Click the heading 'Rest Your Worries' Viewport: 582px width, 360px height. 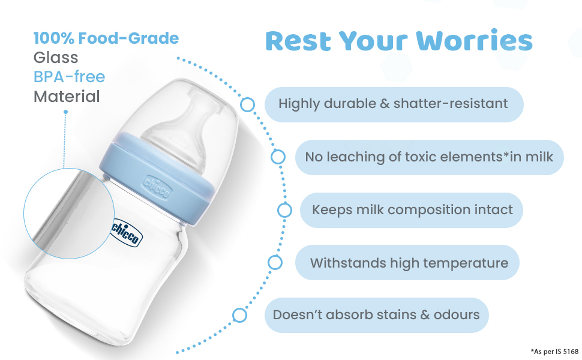point(398,41)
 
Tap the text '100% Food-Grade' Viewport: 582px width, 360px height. point(106,38)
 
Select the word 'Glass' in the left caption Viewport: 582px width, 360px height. point(56,58)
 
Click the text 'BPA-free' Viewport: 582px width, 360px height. point(69,77)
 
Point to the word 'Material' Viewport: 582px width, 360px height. point(67,96)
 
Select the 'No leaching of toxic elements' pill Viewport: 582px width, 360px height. point(430,157)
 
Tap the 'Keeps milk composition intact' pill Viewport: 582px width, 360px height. point(412,210)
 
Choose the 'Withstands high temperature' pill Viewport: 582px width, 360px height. point(408,263)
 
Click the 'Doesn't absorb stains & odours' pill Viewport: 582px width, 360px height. point(376,315)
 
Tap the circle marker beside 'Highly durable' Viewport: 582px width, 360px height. point(247,104)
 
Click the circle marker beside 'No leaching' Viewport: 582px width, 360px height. point(278,157)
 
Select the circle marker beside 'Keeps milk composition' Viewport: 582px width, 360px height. point(284,210)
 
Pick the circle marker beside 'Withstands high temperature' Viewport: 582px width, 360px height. point(275,262)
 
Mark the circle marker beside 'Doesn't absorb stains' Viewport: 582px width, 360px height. point(239,315)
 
